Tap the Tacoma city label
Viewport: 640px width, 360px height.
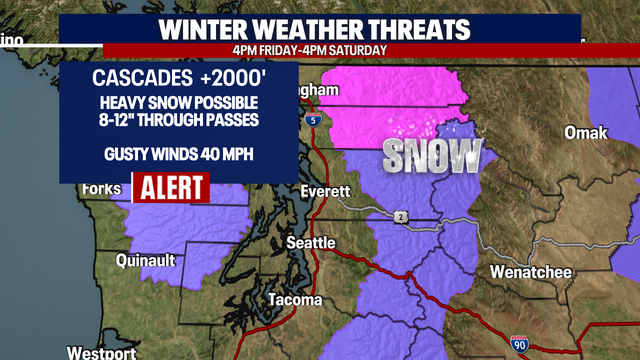pyautogui.click(x=295, y=300)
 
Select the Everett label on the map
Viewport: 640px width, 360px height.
pyautogui.click(x=327, y=191)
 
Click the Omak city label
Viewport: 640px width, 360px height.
pyautogui.click(x=585, y=133)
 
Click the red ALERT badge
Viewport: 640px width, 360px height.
pyautogui.click(x=170, y=187)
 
